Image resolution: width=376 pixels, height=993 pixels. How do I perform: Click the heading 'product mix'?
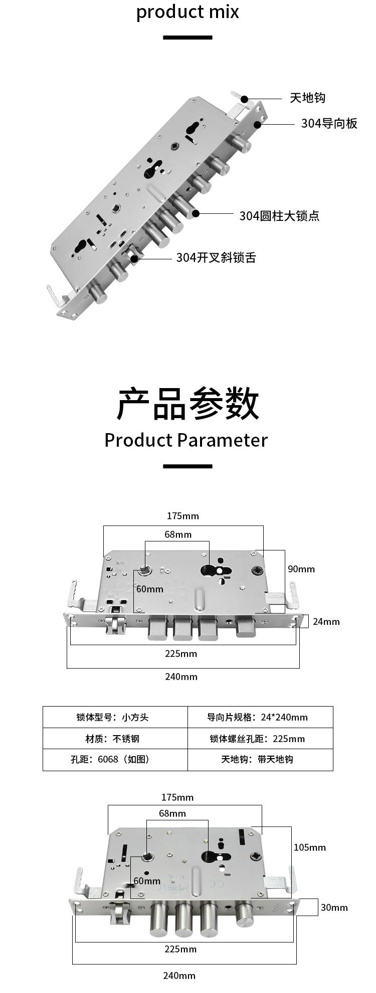click(187, 12)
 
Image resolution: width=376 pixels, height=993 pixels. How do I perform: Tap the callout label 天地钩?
click(307, 98)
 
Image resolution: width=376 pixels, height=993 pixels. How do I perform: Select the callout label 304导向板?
click(329, 123)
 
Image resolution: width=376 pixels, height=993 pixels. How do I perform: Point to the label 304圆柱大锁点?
click(279, 216)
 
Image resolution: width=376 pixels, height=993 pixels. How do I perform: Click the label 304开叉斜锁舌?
click(216, 257)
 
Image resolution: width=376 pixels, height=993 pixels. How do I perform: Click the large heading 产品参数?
click(187, 403)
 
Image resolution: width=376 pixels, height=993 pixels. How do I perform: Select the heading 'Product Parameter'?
click(186, 440)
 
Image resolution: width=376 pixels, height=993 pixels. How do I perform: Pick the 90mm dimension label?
click(301, 569)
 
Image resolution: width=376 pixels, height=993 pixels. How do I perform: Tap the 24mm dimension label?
click(326, 621)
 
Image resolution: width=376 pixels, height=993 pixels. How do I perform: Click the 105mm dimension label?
click(309, 847)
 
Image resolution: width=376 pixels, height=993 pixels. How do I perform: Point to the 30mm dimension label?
click(334, 907)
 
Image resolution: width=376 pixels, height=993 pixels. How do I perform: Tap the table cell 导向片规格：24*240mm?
click(258, 717)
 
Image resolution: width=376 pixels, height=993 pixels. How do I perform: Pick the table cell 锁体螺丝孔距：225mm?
click(257, 739)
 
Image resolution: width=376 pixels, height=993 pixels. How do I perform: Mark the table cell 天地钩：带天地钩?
click(257, 759)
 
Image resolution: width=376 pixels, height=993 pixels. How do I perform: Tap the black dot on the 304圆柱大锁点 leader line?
click(196, 213)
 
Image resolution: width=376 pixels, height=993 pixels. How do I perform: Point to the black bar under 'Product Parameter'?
click(187, 466)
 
